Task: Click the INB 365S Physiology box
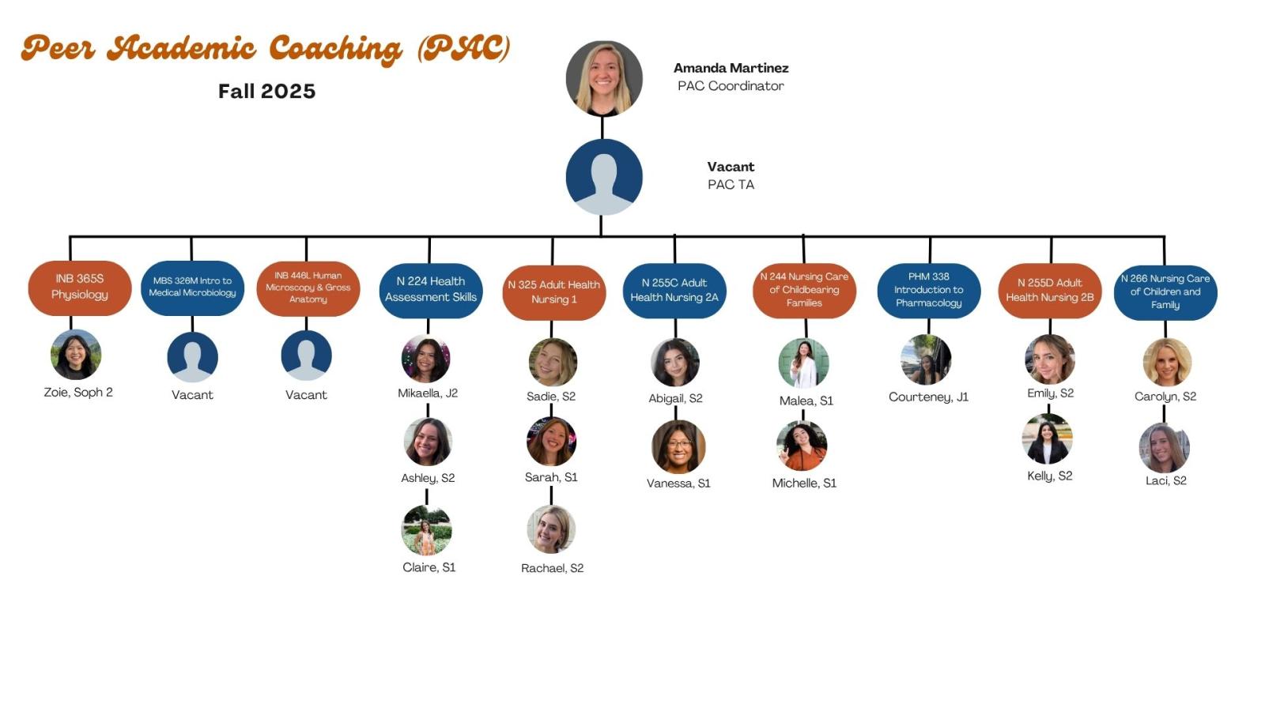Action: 79,288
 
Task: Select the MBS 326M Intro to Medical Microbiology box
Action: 192,288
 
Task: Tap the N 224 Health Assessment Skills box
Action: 431,290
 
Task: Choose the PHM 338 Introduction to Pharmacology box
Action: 928,291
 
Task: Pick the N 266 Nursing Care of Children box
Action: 1165,292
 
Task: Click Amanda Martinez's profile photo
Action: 604,79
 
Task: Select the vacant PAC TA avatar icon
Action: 604,177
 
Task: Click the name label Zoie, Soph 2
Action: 78,393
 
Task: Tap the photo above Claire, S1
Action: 427,530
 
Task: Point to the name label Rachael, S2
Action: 552,568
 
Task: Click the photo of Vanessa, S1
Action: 678,446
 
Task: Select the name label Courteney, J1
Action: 928,397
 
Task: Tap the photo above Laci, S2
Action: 1164,448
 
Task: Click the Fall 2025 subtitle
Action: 266,92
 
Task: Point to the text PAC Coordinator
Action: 731,86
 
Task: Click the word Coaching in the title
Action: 335,49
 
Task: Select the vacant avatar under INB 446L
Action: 306,355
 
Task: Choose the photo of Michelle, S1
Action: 802,446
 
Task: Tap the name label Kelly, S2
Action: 1049,476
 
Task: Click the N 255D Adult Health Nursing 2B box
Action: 1049,290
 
